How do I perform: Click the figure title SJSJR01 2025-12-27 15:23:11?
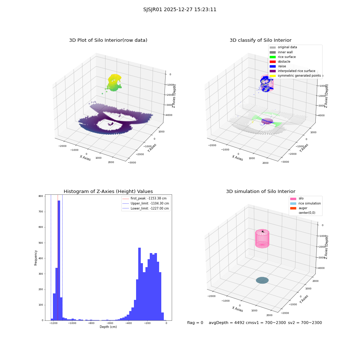click(x=180, y=9)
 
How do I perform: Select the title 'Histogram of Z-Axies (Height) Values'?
click(x=108, y=191)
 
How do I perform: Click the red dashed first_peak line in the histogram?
click(x=58, y=258)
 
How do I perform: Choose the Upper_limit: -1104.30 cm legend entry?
click(x=146, y=203)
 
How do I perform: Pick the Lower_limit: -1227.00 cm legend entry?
click(x=146, y=208)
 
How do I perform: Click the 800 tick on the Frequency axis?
click(x=41, y=196)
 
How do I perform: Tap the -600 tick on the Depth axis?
click(x=110, y=323)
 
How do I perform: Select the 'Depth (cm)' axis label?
click(x=108, y=327)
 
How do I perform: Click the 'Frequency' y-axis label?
click(x=36, y=258)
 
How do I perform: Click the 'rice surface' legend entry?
click(x=283, y=57)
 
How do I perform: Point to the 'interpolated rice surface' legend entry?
click(x=292, y=71)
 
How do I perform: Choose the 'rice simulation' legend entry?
click(x=305, y=203)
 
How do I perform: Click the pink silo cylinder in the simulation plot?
click(x=262, y=239)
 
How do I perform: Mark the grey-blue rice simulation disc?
click(x=262, y=280)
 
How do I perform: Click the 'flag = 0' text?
click(x=195, y=323)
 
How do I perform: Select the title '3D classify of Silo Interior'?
click(x=261, y=40)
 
